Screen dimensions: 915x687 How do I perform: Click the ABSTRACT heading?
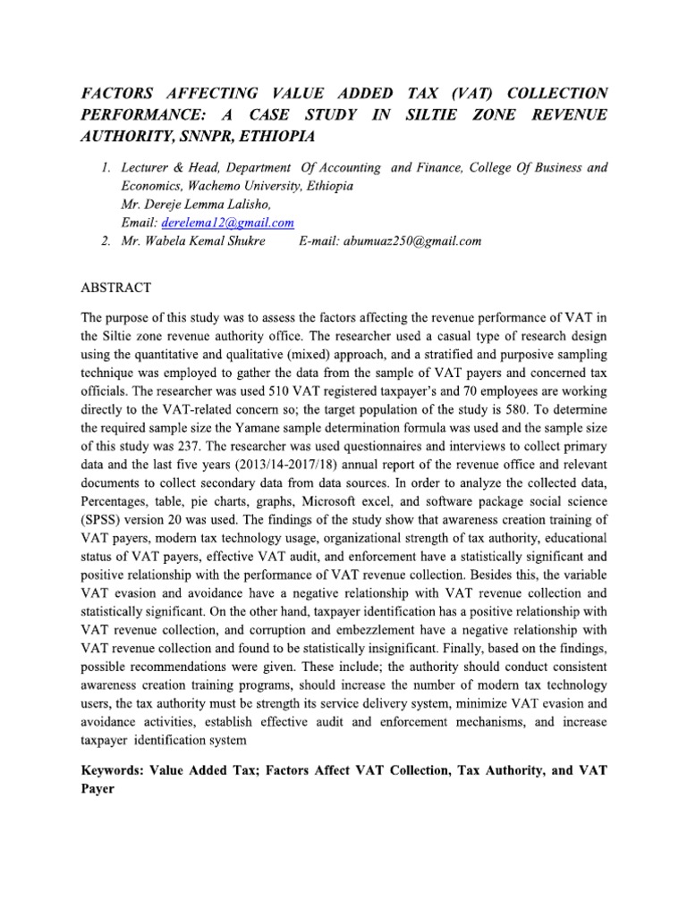(116, 288)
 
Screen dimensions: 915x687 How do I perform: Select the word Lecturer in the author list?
(148, 168)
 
